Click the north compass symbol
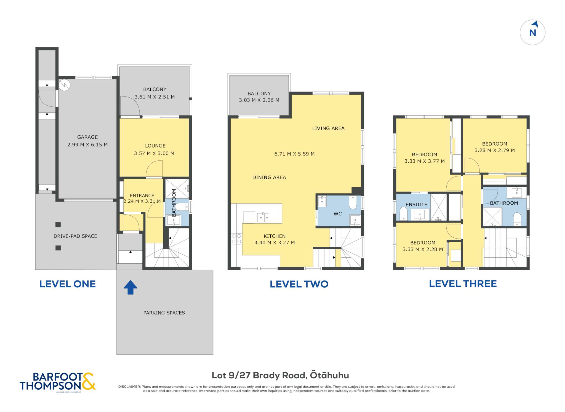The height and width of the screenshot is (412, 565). (x=532, y=32)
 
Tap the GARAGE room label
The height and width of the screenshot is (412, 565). (x=87, y=137)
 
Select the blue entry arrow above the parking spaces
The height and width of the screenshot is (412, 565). (x=130, y=287)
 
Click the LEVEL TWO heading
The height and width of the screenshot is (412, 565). (x=299, y=284)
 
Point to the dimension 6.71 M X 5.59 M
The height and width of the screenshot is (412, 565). (x=294, y=154)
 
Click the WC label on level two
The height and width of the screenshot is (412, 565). (x=338, y=214)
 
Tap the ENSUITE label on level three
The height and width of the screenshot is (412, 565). (x=416, y=205)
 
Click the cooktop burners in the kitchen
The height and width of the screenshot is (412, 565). (x=236, y=239)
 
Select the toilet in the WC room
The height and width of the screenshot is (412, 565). (x=353, y=202)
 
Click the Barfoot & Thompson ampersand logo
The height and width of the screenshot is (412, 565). (x=89, y=381)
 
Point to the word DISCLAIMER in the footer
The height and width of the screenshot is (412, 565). (x=129, y=387)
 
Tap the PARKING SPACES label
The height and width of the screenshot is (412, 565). (x=164, y=313)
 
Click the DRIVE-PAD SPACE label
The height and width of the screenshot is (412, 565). (x=75, y=236)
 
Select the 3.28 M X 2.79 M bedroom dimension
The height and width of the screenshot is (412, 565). (x=495, y=150)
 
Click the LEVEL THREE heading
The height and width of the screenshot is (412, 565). (x=463, y=284)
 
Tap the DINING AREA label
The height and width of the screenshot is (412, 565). (x=269, y=177)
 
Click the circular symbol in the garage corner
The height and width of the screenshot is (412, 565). (x=65, y=85)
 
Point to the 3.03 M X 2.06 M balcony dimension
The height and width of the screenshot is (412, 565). (x=259, y=100)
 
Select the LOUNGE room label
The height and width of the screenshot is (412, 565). (x=155, y=146)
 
